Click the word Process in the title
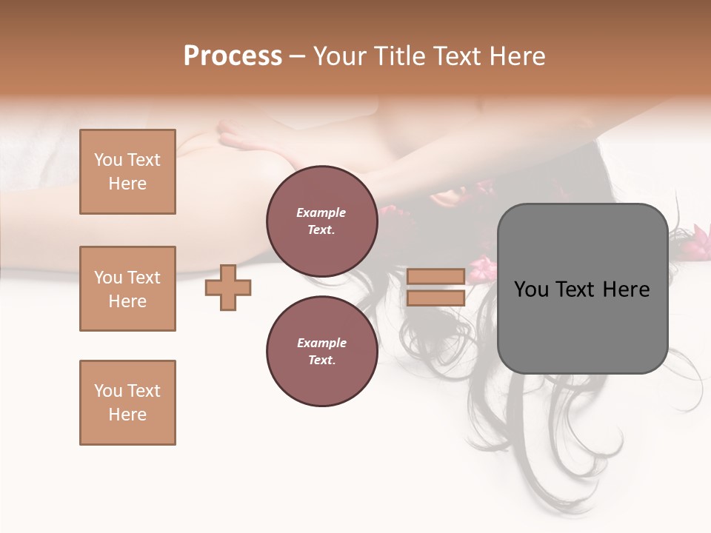[233, 56]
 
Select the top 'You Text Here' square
[127, 172]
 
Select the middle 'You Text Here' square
[127, 289]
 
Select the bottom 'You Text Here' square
[127, 403]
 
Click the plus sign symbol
[228, 287]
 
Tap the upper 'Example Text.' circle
[321, 221]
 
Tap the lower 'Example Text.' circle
[321, 351]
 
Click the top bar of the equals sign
[435, 277]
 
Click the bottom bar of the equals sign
[435, 298]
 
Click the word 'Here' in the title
[515, 56]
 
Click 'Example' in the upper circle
[321, 212]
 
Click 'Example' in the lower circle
[321, 343]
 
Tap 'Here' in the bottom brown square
[127, 415]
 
